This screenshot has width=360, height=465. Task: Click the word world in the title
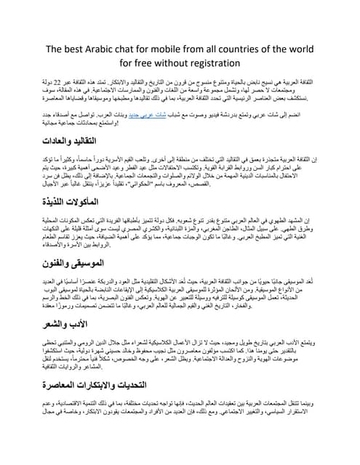(300, 49)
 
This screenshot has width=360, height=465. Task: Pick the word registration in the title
(214, 63)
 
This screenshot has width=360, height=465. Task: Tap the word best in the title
(71, 49)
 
